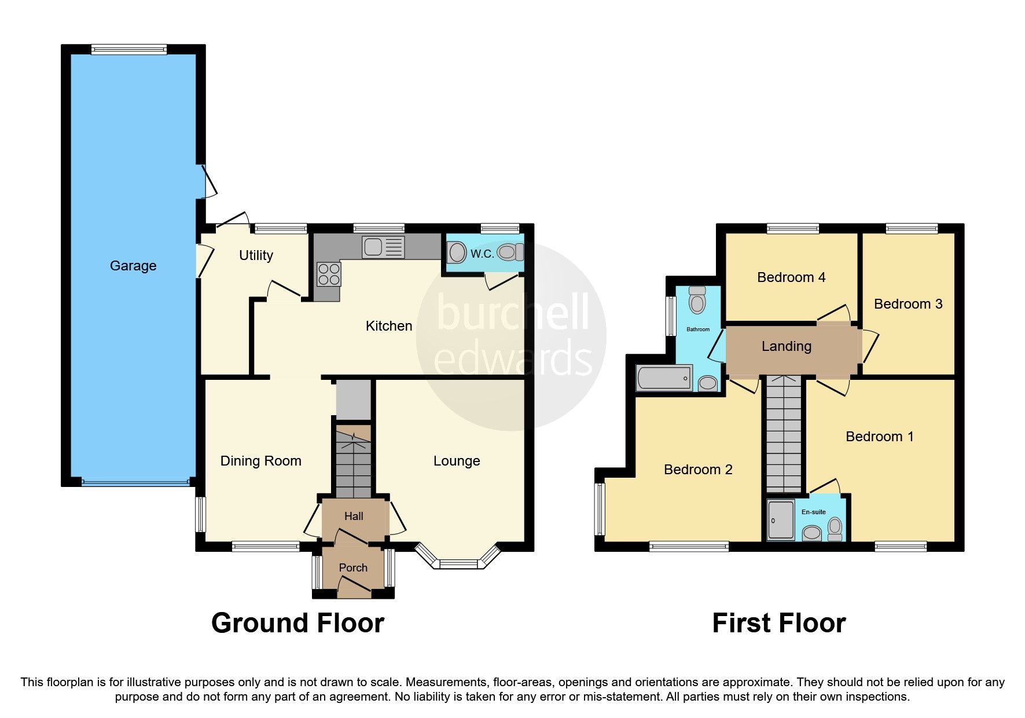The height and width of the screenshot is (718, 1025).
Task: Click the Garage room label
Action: point(133,266)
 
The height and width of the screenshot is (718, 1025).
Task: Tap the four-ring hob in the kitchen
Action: point(329,274)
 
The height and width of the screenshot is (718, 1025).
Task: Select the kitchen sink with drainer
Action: point(383,247)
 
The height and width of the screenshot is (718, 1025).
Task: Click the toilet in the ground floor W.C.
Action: point(509,252)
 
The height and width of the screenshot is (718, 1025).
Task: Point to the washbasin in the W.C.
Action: point(457,253)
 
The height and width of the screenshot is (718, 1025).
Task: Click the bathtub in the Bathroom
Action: point(664,378)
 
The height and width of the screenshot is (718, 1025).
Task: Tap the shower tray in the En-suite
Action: point(781,520)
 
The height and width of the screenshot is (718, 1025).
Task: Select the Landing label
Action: point(786,346)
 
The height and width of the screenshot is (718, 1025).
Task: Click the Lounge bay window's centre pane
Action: point(458,563)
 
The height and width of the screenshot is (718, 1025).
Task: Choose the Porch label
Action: point(353,568)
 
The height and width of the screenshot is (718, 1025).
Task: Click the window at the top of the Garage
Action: point(128,50)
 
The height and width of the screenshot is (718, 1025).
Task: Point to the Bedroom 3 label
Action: point(908,304)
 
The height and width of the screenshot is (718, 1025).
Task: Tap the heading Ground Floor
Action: point(297,623)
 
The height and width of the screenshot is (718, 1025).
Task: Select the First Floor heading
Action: point(778,623)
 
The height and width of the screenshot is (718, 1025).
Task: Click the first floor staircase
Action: point(784,434)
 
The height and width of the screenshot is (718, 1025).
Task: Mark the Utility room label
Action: point(256,255)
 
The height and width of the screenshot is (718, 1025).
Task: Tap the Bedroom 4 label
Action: point(791,277)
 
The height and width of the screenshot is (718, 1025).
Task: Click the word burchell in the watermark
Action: point(512,313)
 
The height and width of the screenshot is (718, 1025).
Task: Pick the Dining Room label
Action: point(260,461)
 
